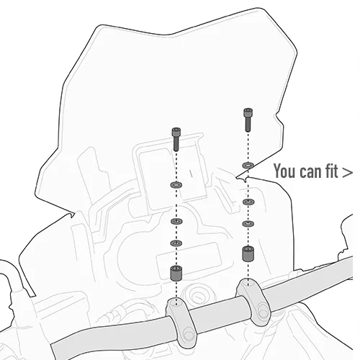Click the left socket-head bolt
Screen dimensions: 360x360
click(x=176, y=140)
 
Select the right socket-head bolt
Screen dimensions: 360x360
click(x=248, y=120)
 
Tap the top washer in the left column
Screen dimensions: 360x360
click(x=176, y=185)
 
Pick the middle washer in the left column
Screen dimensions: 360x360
click(x=176, y=221)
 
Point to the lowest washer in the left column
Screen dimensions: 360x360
click(x=176, y=243)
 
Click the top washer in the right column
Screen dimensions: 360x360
click(x=248, y=165)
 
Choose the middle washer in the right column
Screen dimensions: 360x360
click(x=248, y=202)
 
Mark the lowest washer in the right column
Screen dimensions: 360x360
click(x=248, y=224)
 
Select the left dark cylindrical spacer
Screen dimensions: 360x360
click(x=176, y=273)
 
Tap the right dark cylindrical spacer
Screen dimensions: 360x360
click(x=248, y=253)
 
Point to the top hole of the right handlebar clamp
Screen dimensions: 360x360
click(x=248, y=283)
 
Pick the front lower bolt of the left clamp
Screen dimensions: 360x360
click(x=189, y=334)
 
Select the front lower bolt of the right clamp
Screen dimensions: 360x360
click(x=263, y=312)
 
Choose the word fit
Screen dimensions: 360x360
click(x=332, y=171)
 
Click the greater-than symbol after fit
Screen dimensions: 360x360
click(x=347, y=172)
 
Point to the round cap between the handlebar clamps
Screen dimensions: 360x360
click(x=199, y=296)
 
